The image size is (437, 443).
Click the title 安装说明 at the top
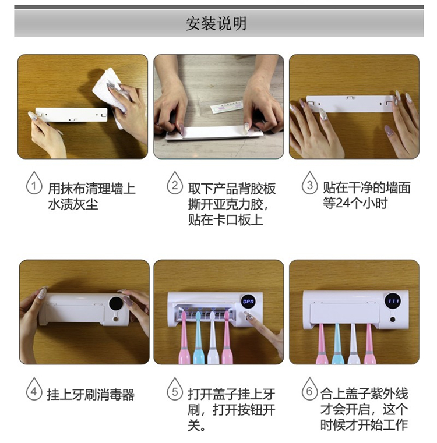(216, 23)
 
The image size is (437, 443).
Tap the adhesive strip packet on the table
(227, 107)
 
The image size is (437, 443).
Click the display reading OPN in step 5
(248, 302)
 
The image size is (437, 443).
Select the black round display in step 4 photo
(116, 304)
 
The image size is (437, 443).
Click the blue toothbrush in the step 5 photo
(198, 338)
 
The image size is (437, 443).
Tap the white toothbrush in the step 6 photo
(353, 344)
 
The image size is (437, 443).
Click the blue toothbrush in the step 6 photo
(337, 344)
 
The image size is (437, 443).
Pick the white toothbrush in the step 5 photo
(213, 338)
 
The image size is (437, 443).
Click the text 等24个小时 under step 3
(355, 203)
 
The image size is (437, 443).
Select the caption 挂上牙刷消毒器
(90, 395)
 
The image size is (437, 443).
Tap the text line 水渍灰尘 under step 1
(73, 204)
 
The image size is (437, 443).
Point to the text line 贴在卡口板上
(225, 219)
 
